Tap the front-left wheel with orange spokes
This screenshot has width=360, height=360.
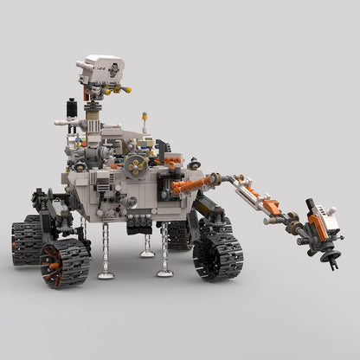65,261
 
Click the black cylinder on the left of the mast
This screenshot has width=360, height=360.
72,109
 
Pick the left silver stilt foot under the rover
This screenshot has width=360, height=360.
106,274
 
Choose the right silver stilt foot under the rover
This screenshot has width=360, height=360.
164,273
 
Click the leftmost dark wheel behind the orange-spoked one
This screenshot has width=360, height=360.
26,241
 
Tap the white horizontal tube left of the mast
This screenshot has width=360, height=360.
63,123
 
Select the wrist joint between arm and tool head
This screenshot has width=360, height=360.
297,227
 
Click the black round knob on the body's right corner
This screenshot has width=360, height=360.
195,163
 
